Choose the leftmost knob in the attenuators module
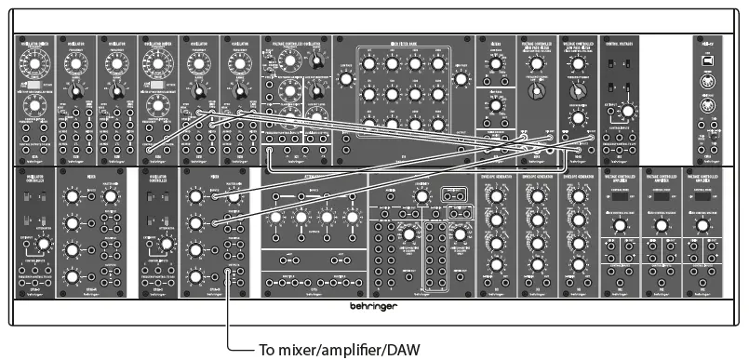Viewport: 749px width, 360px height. pyautogui.click(x=277, y=220)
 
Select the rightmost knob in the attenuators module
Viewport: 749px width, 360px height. pyautogui.click(x=353, y=220)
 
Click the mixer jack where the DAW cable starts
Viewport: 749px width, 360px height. pyautogui.click(x=229, y=272)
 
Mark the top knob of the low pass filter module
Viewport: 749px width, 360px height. pyautogui.click(x=535, y=64)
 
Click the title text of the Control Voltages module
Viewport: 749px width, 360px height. pyautogui.click(x=620, y=43)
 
